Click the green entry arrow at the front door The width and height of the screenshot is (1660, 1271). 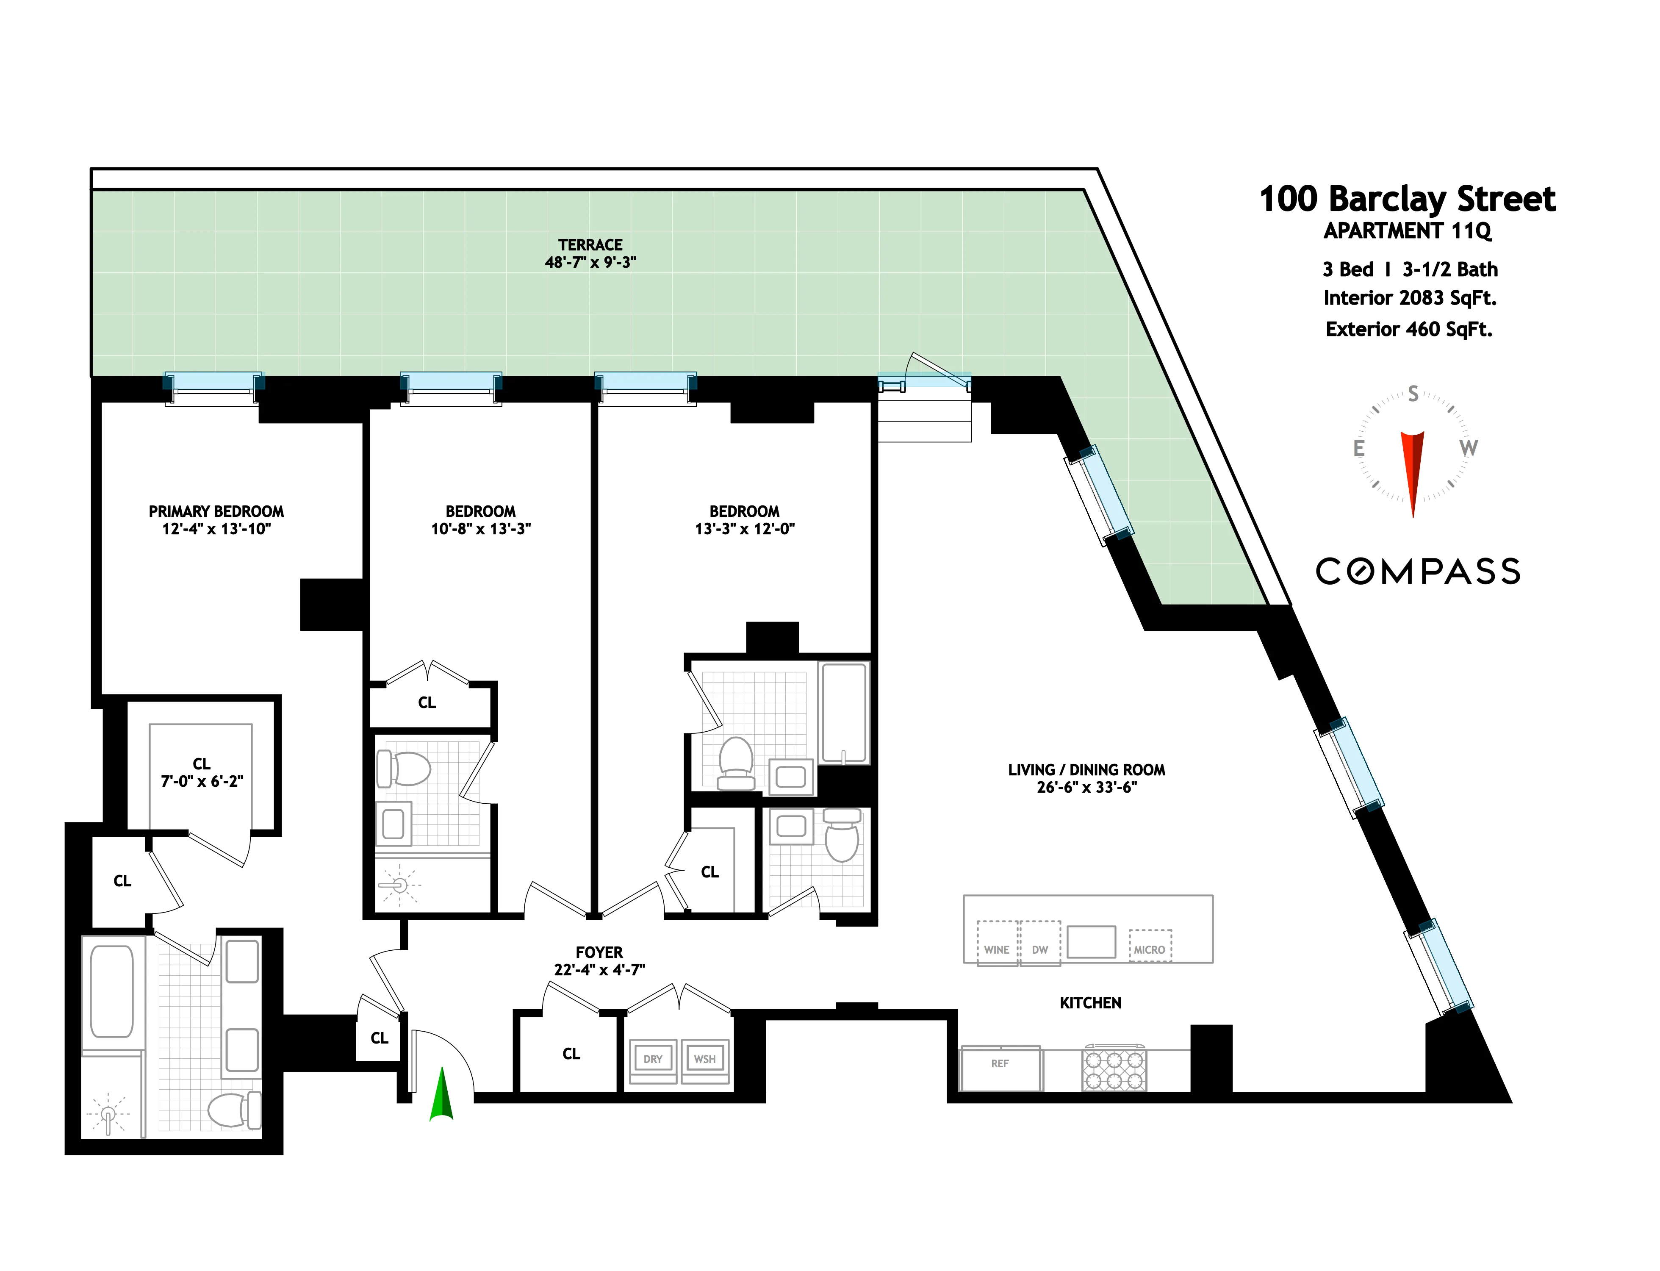click(441, 1095)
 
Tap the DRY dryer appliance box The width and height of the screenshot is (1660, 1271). click(653, 1059)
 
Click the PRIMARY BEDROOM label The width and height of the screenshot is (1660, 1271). click(216, 511)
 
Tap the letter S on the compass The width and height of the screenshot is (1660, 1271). click(1412, 394)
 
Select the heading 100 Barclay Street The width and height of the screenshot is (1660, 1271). click(1407, 199)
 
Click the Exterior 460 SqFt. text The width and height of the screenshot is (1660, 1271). click(1408, 329)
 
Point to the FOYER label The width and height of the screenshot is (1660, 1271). click(599, 952)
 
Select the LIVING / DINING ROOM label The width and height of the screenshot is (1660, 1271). click(1086, 769)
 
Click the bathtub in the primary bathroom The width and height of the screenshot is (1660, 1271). click(112, 991)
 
